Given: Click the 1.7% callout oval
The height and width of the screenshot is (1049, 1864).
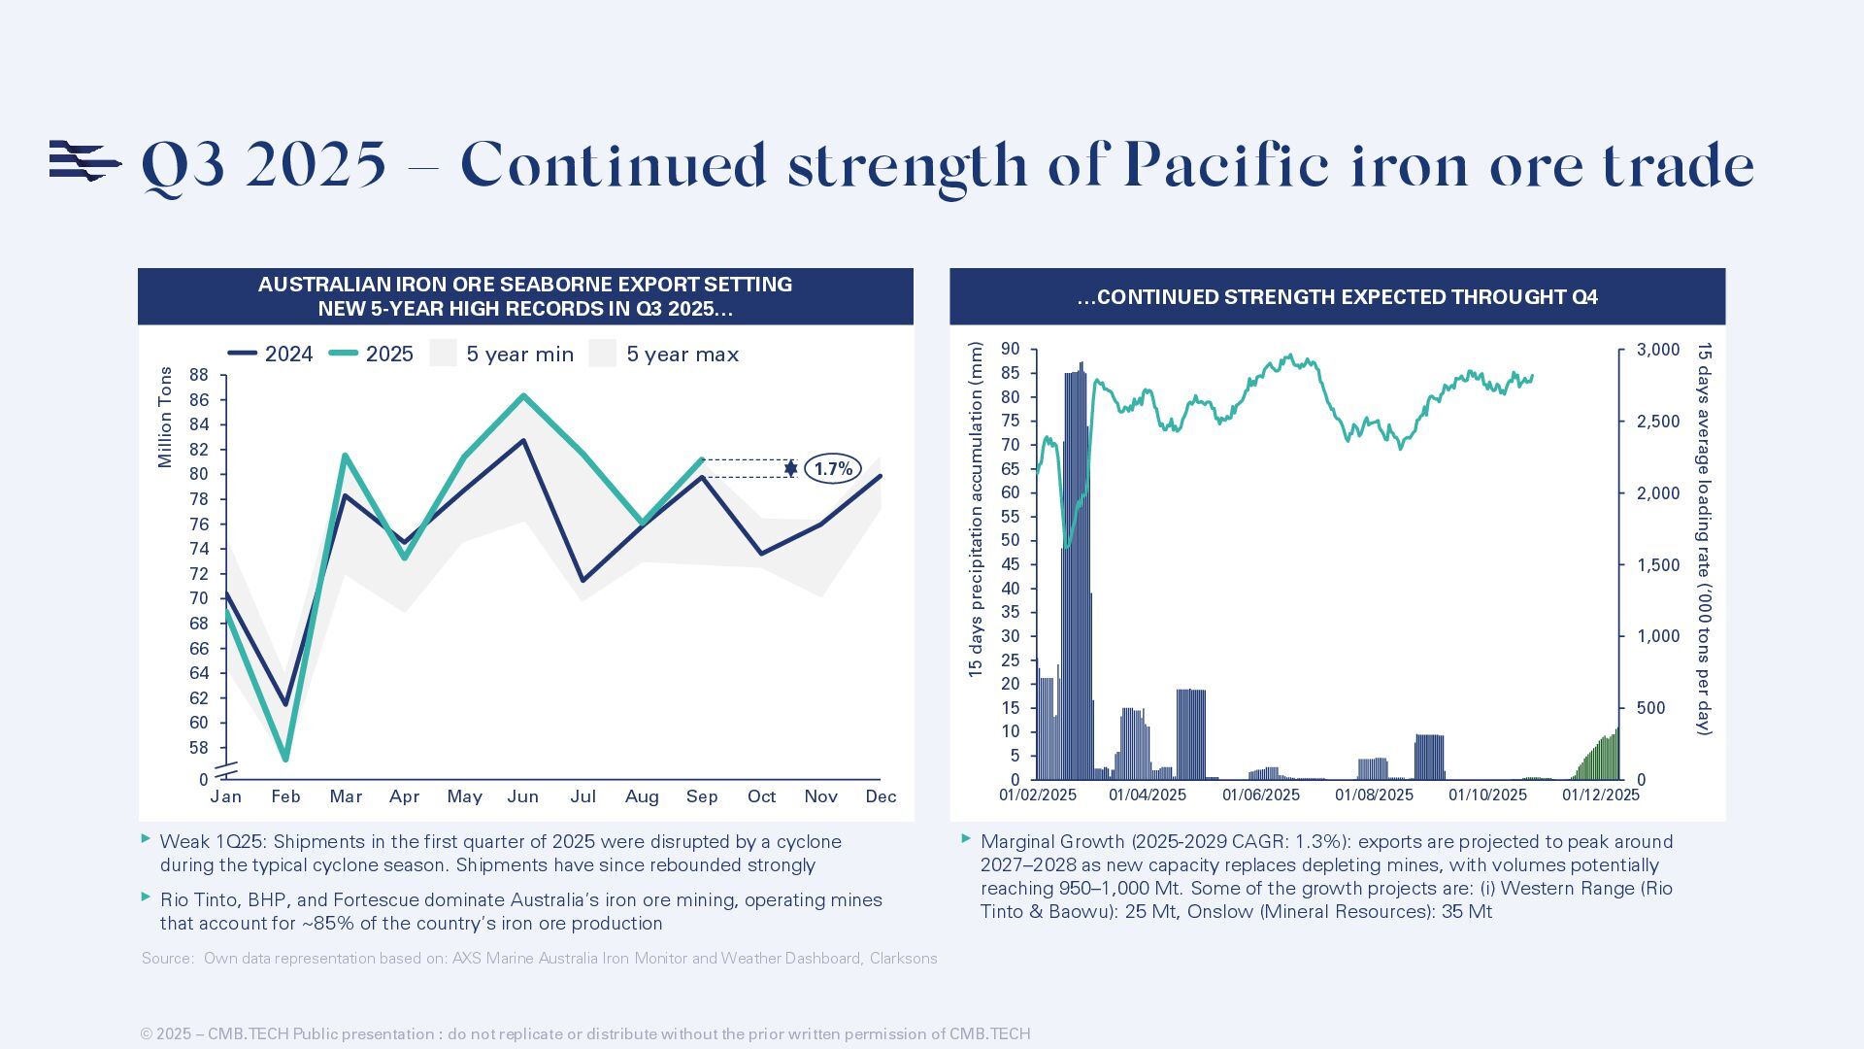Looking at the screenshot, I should [x=832, y=469].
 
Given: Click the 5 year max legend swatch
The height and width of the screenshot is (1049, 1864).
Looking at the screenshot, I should [x=603, y=354].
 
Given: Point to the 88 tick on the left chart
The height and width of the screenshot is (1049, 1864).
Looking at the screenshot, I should [x=198, y=375].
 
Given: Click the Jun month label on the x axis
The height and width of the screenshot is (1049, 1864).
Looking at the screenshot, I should [x=523, y=797].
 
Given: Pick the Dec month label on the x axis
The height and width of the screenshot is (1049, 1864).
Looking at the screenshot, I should [x=881, y=797].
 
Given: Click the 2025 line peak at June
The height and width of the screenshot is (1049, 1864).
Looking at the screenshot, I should [x=524, y=395].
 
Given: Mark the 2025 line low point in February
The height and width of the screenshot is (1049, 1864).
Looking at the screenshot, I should [x=285, y=759].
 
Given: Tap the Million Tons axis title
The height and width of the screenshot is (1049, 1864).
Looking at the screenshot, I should [x=165, y=418].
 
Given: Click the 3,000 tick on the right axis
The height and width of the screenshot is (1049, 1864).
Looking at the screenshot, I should [x=1658, y=350].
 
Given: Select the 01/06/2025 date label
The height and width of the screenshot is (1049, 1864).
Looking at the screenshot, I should [x=1260, y=795].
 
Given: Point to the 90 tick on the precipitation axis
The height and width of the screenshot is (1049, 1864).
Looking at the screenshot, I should [x=1011, y=350].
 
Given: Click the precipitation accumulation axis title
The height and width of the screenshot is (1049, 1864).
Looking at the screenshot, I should [x=976, y=509].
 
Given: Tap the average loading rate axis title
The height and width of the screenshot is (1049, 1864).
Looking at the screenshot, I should [x=1704, y=538].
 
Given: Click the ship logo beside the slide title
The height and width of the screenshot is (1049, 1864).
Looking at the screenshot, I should [x=85, y=161].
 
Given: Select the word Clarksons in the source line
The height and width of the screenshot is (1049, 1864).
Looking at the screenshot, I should [x=903, y=959].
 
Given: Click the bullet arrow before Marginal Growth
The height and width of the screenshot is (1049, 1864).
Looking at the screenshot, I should [x=966, y=838].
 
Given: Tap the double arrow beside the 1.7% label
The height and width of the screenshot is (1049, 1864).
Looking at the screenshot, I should [x=790, y=469].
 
